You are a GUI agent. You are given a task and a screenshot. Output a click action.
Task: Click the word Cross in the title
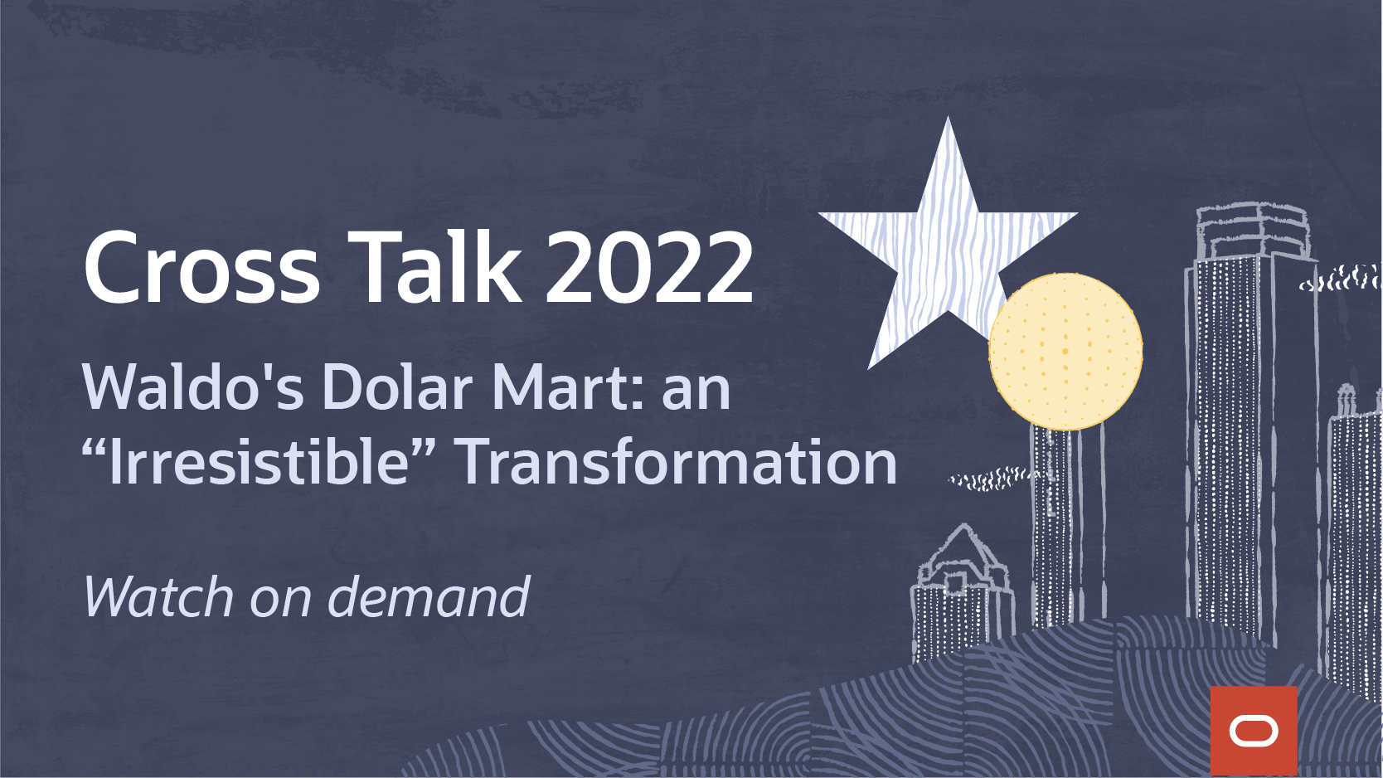click(201, 267)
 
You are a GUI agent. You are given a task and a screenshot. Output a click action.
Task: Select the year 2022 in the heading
click(648, 267)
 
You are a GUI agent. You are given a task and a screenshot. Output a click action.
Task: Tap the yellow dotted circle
click(1065, 352)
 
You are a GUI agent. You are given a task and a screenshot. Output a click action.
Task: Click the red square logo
click(1254, 731)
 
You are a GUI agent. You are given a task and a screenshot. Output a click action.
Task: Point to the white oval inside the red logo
click(1254, 732)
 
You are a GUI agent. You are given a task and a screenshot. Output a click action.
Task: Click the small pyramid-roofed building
click(961, 593)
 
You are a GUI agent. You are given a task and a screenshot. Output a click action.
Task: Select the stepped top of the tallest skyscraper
click(1254, 232)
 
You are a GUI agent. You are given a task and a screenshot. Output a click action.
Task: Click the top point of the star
click(948, 117)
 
